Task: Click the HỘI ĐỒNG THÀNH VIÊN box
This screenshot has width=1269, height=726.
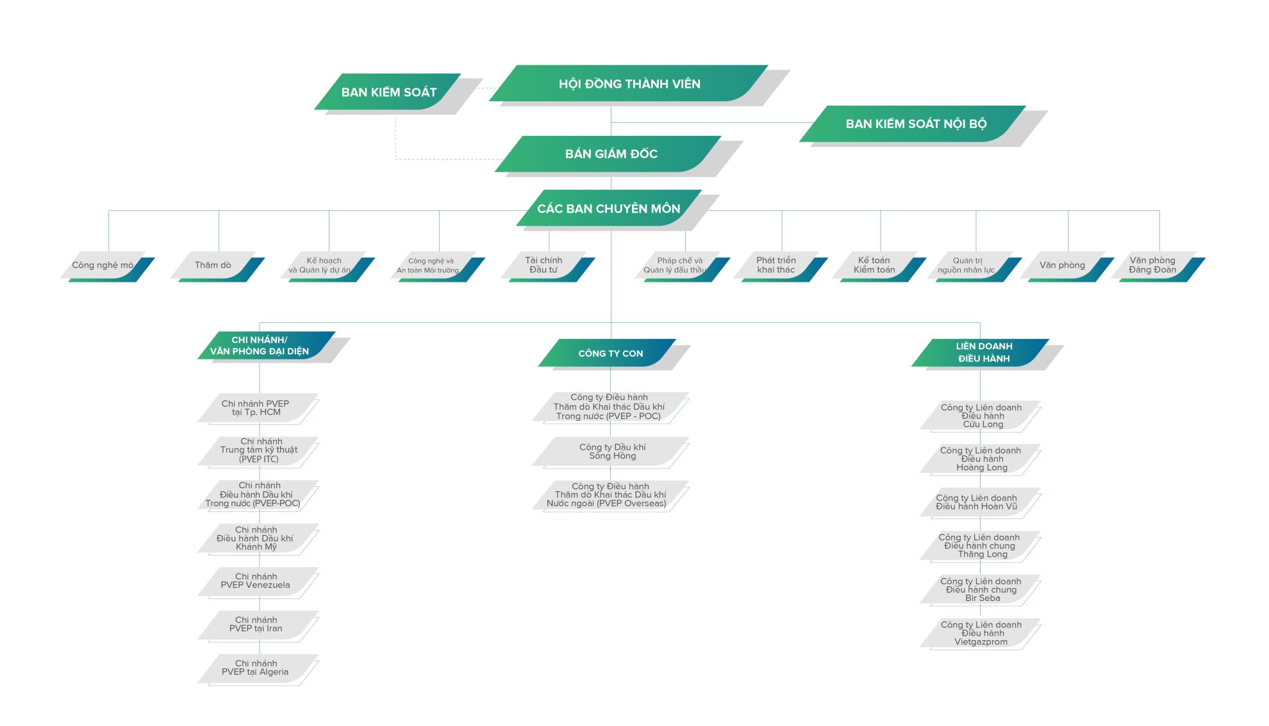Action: [629, 83]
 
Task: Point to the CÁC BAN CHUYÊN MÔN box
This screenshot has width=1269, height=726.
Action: [609, 208]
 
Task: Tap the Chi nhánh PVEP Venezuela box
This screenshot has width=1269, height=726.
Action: [258, 581]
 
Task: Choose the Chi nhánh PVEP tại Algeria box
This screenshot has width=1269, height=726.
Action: [258, 668]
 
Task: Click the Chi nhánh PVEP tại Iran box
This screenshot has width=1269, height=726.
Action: [258, 625]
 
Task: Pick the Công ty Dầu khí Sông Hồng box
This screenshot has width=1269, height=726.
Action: [611, 452]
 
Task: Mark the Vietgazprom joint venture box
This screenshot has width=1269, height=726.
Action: [981, 633]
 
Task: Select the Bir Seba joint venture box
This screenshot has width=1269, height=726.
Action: [981, 590]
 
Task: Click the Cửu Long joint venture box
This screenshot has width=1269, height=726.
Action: [981, 415]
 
